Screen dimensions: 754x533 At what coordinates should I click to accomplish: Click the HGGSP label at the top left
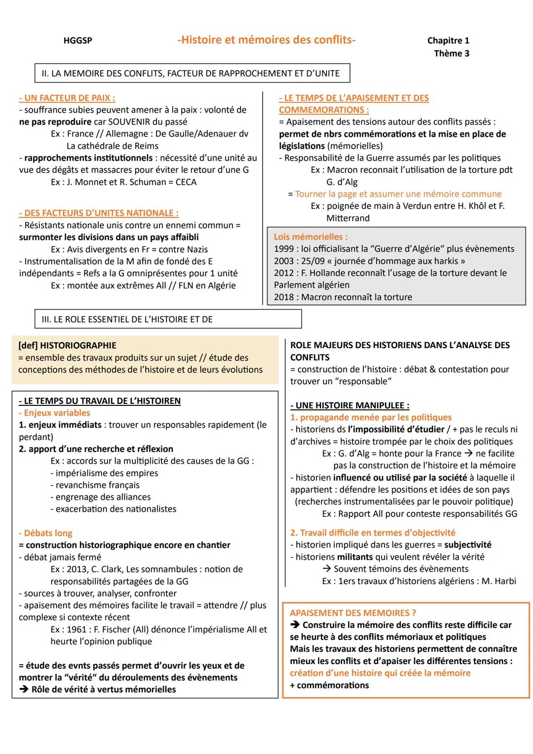(x=77, y=41)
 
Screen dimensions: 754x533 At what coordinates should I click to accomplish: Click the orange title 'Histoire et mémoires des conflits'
(x=266, y=40)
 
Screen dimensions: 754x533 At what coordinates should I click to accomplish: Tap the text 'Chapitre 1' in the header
(x=448, y=41)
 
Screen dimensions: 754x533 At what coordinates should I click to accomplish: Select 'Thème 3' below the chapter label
(x=451, y=53)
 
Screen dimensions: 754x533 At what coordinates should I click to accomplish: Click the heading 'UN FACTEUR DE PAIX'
(x=67, y=98)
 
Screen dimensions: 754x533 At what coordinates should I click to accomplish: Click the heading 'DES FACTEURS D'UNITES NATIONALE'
(x=99, y=213)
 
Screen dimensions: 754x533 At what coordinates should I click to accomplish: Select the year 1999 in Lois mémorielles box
(x=284, y=249)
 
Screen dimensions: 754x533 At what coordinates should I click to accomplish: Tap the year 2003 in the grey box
(x=284, y=261)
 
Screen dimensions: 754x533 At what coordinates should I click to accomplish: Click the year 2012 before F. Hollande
(x=284, y=273)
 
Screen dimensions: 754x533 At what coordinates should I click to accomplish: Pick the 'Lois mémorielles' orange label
(x=310, y=237)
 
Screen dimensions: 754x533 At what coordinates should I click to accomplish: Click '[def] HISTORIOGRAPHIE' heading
(x=67, y=345)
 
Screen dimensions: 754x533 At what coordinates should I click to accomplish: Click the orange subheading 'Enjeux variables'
(x=55, y=413)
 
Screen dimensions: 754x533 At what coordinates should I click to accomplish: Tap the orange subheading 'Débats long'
(x=45, y=533)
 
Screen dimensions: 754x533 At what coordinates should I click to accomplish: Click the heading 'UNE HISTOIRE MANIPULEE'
(x=350, y=405)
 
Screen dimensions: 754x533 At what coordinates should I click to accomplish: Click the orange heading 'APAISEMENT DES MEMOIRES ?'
(x=353, y=613)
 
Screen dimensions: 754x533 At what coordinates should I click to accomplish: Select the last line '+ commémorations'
(x=329, y=685)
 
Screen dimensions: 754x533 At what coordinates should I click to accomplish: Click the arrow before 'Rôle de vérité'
(x=24, y=689)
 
